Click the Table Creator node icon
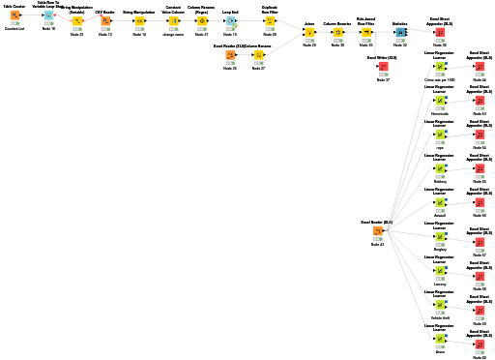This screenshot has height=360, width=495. (15, 16)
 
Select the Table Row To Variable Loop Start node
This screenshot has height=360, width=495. (47, 16)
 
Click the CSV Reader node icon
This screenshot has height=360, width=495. (105, 20)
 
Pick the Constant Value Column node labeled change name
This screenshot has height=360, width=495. (173, 20)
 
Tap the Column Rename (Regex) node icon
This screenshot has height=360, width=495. (201, 20)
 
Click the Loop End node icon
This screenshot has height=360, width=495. (230, 20)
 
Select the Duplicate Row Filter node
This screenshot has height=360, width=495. (270, 20)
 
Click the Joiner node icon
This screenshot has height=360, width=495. (308, 32)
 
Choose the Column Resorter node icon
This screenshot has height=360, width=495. (337, 32)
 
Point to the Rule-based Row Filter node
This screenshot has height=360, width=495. (365, 32)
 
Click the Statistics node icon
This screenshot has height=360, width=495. (400, 32)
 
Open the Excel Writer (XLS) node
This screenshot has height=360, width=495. (383, 67)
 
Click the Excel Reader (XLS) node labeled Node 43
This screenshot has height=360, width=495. (377, 231)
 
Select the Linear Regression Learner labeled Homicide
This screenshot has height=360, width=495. (440, 101)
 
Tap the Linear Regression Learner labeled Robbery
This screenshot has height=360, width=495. (440, 168)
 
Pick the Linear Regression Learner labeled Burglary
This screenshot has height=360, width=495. (440, 236)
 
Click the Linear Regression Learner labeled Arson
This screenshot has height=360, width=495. (440, 339)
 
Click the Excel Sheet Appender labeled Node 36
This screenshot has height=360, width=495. (440, 32)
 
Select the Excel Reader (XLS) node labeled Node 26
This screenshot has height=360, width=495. (230, 55)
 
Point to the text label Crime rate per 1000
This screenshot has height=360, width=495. (440, 79)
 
